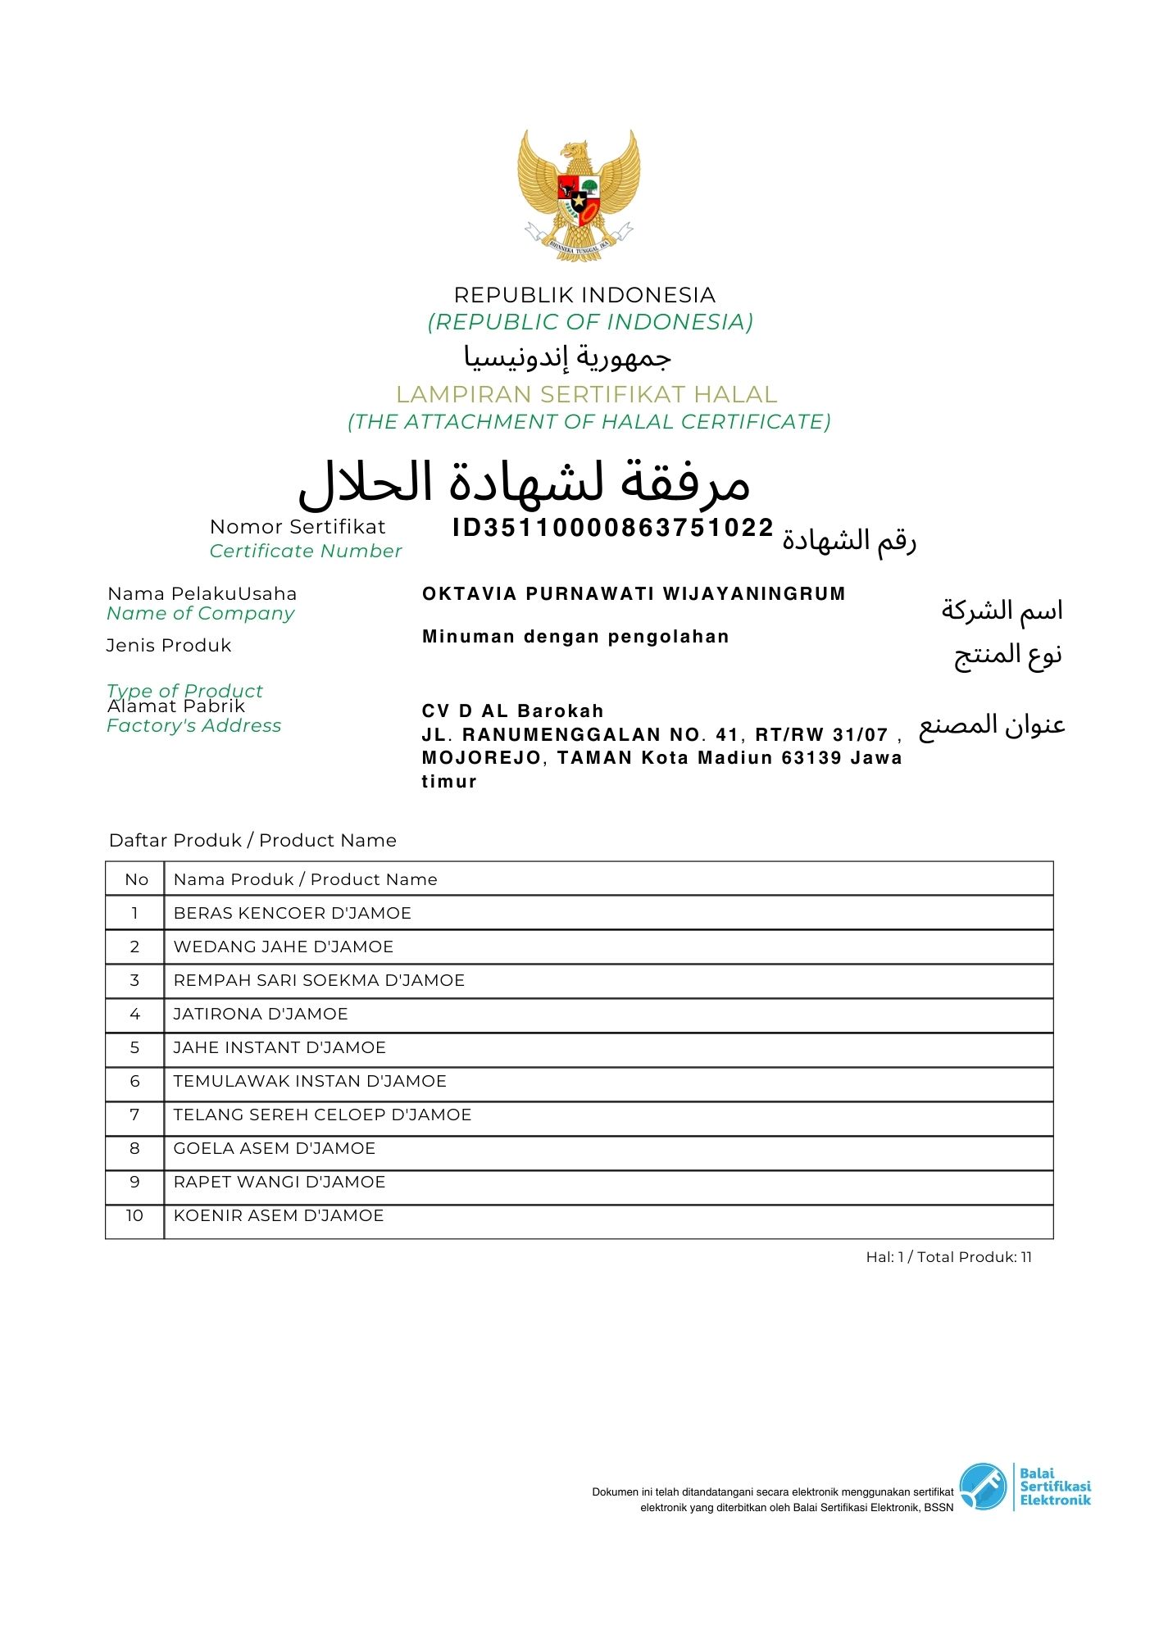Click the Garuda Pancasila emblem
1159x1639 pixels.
[579, 196]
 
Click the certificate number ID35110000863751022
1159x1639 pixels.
[612, 528]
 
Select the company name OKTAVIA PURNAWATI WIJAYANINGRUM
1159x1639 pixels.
[633, 594]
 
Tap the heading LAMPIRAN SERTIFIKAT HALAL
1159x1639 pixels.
[586, 395]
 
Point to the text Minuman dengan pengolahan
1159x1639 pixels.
[575, 637]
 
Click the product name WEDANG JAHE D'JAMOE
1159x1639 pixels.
[283, 947]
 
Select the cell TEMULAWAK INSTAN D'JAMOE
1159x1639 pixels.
[310, 1082]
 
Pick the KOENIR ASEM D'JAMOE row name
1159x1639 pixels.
[279, 1216]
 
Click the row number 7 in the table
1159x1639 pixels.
[134, 1115]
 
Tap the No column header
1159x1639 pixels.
[136, 880]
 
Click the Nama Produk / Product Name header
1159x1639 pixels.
[305, 880]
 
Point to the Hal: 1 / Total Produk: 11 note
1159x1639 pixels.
[948, 1257]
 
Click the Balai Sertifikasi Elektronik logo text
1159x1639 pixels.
[1054, 1487]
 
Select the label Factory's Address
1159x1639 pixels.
[193, 726]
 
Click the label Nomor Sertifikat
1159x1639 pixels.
[298, 527]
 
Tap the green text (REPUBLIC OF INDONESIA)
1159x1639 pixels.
[589, 322]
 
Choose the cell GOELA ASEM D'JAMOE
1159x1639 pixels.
[274, 1149]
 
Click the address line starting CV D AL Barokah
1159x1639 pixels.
[512, 711]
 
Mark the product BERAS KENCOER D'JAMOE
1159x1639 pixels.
[292, 914]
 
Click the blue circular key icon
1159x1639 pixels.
[982, 1487]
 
